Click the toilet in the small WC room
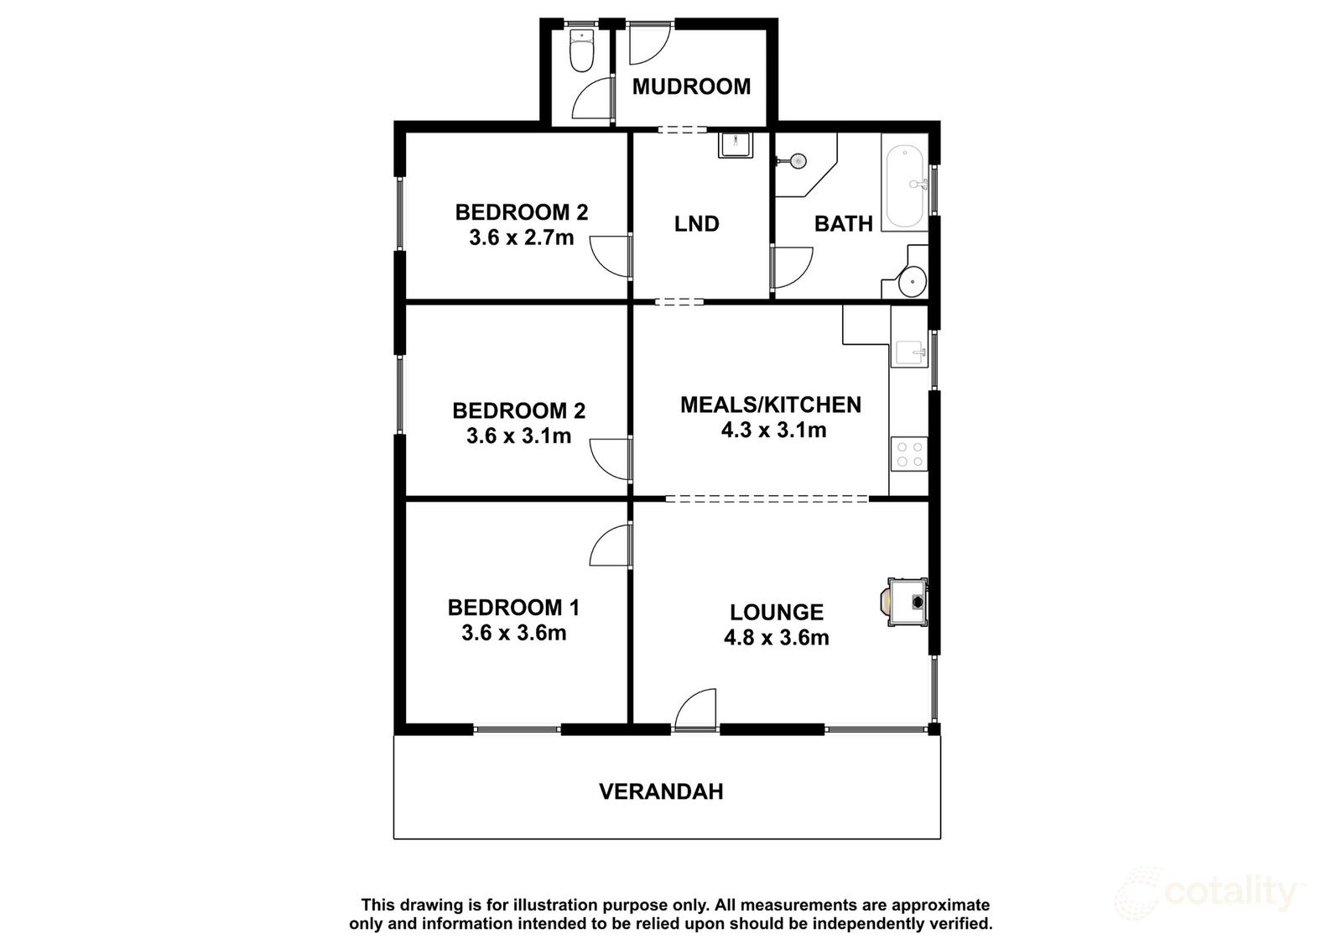tap(580, 53)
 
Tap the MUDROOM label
tap(691, 86)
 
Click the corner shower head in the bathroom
tap(798, 159)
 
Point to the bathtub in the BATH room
tap(905, 187)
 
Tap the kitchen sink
tap(909, 350)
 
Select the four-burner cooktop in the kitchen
tap(909, 454)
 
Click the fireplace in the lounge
tap(908, 601)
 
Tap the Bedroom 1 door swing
tap(611, 547)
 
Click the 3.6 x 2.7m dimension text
tap(521, 237)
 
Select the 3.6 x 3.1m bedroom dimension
tap(518, 436)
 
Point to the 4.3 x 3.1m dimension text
tap(773, 431)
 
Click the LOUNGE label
tap(776, 612)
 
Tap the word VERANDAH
tap(661, 791)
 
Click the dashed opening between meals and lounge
tap(767, 498)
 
